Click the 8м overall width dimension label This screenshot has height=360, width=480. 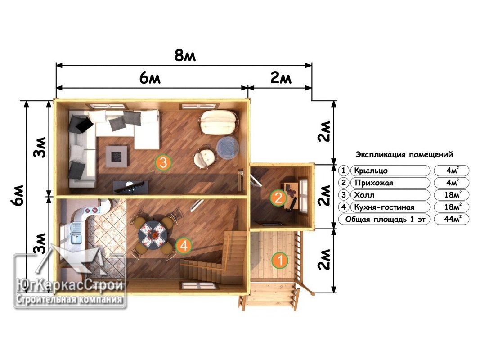pyautogui.click(x=185, y=55)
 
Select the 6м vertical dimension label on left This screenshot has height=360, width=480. pyautogui.click(x=18, y=195)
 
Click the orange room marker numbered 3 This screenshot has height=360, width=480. pyautogui.click(x=163, y=162)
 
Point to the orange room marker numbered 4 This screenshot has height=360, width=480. pyautogui.click(x=184, y=245)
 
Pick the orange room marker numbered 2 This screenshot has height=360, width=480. pyautogui.click(x=278, y=198)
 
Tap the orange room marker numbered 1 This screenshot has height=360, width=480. pyautogui.click(x=279, y=260)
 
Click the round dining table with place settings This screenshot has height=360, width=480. pyautogui.click(x=153, y=235)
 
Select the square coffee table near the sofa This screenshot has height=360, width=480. pyautogui.click(x=117, y=156)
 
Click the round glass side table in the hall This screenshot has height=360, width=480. pyautogui.click(x=228, y=148)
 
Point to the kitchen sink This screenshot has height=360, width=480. pyautogui.click(x=76, y=233)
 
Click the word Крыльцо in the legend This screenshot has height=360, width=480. pyautogui.click(x=371, y=171)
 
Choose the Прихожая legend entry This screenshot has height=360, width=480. pyautogui.click(x=373, y=183)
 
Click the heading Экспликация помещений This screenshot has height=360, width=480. pyautogui.click(x=404, y=155)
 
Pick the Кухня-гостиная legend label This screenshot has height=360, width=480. pyautogui.click(x=384, y=207)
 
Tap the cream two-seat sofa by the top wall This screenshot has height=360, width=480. pyautogui.click(x=219, y=122)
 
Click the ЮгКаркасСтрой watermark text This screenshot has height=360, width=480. pyautogui.click(x=71, y=285)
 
